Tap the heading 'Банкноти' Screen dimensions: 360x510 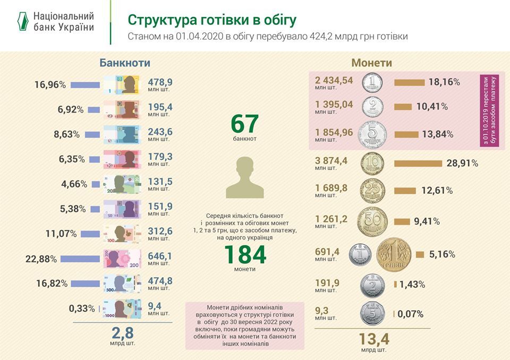pos(125,63)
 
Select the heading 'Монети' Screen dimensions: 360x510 pos(372,63)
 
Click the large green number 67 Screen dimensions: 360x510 pos(244,123)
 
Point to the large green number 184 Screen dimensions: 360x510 pos(244,255)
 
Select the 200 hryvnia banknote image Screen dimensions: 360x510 pos(121,259)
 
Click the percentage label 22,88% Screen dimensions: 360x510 pos(42,259)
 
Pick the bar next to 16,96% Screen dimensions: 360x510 pos(85,84)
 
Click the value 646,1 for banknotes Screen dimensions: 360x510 pos(159,256)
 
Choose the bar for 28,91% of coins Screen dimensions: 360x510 pos(418,163)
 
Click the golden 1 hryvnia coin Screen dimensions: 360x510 pos(394,254)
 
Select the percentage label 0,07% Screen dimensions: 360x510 pos(410,314)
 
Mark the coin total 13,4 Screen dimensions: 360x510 pos(374,338)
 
